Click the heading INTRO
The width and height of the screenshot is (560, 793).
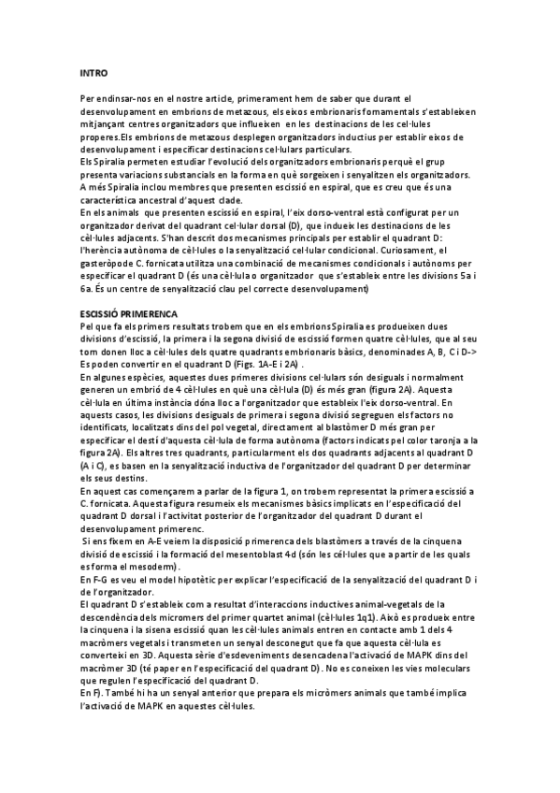pyautogui.click(x=93, y=73)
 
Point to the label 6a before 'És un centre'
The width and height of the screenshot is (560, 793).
pyautogui.click(x=87, y=290)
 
